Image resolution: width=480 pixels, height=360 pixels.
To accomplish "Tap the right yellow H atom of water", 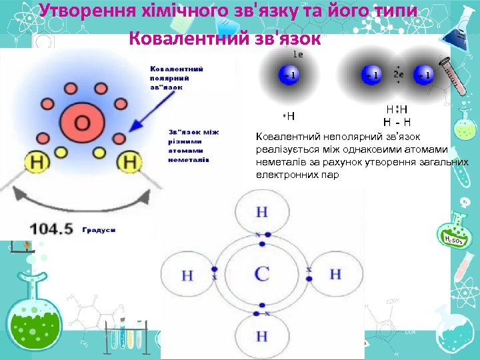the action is tap(130, 161).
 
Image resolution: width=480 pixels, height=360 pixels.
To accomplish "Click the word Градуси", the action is tap(99, 229).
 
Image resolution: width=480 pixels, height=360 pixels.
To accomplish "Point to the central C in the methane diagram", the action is tap(262, 273).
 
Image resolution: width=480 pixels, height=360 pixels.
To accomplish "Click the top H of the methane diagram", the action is tap(262, 212).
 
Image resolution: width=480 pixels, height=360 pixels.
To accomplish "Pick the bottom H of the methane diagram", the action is tap(262, 335).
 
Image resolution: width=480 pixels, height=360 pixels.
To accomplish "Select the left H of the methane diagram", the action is tap(187, 275).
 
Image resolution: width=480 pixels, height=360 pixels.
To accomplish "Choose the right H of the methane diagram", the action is tap(335, 274).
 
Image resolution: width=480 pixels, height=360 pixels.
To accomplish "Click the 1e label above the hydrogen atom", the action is tap(298, 54).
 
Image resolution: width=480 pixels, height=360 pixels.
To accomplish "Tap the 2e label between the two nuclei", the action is tap(399, 75).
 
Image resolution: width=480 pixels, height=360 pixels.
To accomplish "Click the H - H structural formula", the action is tap(397, 122).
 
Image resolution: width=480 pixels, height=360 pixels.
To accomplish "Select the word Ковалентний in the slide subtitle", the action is tap(177, 37).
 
